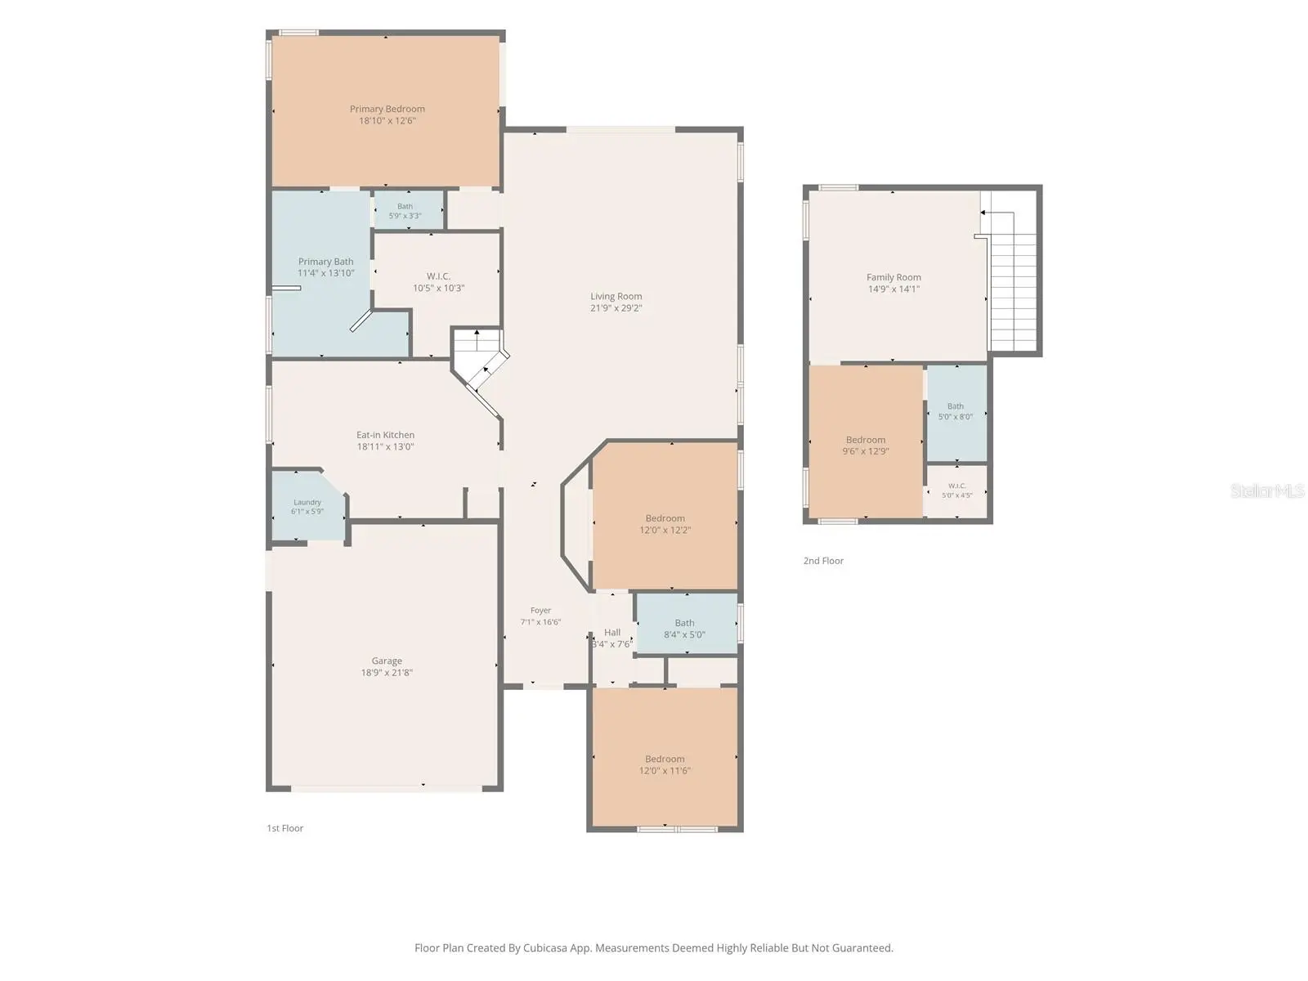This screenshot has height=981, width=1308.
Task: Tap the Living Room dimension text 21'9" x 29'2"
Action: click(616, 308)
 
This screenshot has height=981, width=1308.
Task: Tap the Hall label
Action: click(612, 633)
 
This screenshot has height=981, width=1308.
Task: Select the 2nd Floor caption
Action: click(823, 561)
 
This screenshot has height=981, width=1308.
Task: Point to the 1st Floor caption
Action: click(284, 828)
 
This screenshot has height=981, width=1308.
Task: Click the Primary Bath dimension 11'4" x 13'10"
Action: click(326, 273)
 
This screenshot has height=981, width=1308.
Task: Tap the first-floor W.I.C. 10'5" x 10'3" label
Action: click(438, 282)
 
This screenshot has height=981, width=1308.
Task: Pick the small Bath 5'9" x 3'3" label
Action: click(405, 211)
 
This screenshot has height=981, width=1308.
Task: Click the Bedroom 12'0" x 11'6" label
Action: click(665, 764)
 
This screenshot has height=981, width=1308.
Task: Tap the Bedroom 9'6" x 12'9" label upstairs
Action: click(865, 446)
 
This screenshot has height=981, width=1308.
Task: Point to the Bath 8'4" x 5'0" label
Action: click(685, 629)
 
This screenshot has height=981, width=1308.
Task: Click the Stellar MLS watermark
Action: click(1267, 490)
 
